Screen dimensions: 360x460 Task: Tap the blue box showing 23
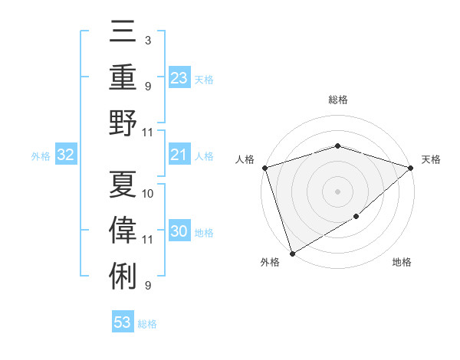[x=179, y=78]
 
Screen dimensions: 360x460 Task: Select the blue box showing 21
[x=179, y=155]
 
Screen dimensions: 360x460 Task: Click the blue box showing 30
[x=179, y=232]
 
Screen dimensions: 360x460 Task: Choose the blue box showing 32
[x=65, y=155]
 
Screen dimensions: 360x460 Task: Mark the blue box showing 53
[x=123, y=322]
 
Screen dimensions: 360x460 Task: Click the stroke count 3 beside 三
[x=147, y=40]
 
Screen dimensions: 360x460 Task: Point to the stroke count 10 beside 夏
[x=148, y=193]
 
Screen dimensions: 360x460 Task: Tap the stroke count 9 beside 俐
[x=147, y=286]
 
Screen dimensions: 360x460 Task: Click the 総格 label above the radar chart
[x=337, y=100]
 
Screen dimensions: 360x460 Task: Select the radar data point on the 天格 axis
[x=410, y=168]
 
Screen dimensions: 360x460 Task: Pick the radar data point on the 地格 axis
[x=357, y=218]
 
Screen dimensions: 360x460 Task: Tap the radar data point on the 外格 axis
[x=292, y=253]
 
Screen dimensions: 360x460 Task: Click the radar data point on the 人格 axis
[x=264, y=168]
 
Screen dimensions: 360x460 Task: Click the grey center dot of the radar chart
[x=337, y=191]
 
